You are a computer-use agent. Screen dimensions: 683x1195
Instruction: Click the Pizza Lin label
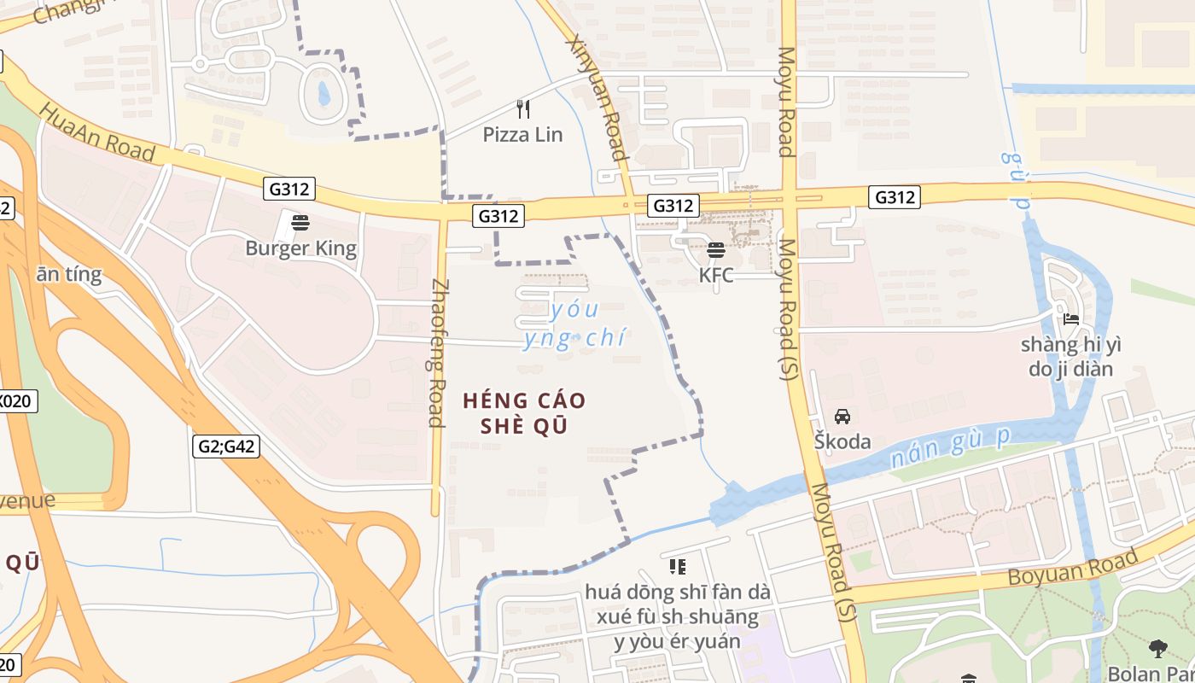pos(522,134)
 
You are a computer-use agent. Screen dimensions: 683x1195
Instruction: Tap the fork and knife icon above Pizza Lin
pos(523,109)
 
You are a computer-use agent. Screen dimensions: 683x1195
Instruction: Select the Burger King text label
pos(300,248)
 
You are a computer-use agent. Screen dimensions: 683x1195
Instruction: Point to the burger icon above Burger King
pos(300,223)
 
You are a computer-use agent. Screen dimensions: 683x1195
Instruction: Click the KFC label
pos(716,275)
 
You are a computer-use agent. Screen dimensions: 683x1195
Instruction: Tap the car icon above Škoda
pos(842,417)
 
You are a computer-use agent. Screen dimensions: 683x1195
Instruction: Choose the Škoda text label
pos(842,441)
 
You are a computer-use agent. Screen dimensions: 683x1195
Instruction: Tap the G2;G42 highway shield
pos(226,446)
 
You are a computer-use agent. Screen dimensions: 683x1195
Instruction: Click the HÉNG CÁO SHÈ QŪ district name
pos(525,412)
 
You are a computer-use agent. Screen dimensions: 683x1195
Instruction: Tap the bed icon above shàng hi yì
pos(1071,320)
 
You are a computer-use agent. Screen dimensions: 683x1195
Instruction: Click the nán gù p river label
pos(949,448)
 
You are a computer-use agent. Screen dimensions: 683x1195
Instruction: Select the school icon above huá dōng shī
pos(678,566)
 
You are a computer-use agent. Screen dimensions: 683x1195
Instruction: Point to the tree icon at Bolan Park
pos(1157,648)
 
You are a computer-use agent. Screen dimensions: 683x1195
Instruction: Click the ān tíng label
pos(68,274)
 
